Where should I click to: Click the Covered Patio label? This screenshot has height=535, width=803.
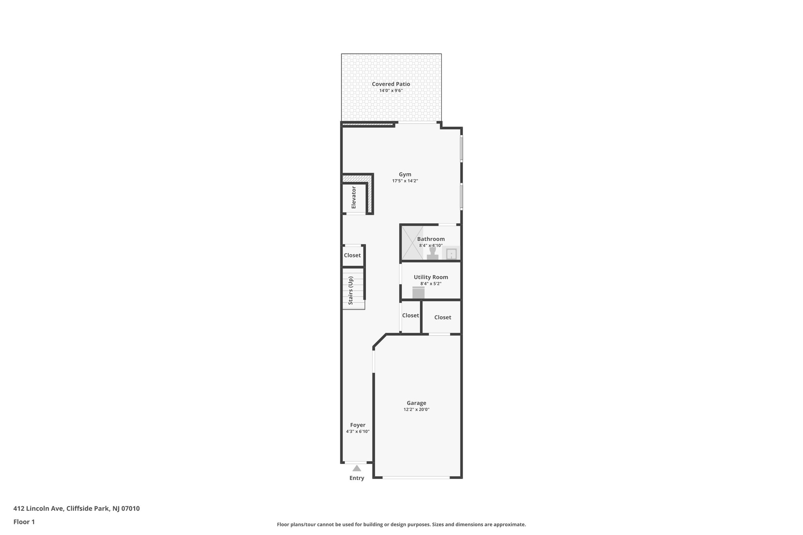coord(391,84)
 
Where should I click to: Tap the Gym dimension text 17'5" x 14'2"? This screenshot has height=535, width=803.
coord(405,181)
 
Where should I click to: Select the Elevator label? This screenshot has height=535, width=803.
coord(354,198)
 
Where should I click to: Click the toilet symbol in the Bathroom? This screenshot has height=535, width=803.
coord(432,253)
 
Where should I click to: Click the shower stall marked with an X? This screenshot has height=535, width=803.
coord(412,243)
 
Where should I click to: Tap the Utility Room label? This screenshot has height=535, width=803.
coord(431,277)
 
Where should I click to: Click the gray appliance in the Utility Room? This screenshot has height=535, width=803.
coord(418,293)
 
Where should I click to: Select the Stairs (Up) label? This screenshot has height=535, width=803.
coord(351,290)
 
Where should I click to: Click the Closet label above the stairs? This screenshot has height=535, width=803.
coord(352,255)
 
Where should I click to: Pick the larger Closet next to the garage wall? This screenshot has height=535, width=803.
coord(442,317)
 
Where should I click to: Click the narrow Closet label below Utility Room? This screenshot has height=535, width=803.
coord(411,316)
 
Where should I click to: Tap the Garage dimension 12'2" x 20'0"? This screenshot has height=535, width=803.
coord(416,410)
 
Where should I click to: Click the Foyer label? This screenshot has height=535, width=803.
coord(358,425)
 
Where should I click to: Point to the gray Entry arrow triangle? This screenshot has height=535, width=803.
coord(356,468)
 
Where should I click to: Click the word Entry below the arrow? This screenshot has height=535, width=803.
coord(356,478)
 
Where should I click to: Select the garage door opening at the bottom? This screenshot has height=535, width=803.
coord(416,477)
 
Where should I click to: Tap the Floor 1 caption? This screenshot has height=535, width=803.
coord(24,522)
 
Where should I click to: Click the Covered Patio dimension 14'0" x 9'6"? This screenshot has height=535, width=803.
coord(391,91)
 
